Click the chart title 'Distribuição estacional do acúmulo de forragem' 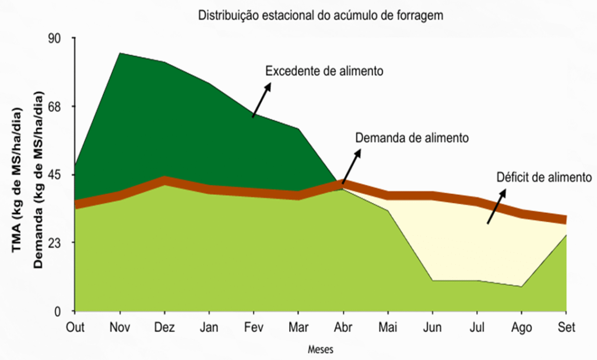321,16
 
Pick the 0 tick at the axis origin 65,311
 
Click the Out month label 75,327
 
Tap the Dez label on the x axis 164,327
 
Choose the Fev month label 254,327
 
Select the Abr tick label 343,327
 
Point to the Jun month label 432,327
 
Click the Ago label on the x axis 521,327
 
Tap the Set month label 566,327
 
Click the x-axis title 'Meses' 321,350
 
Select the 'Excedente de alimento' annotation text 324,71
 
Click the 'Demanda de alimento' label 412,138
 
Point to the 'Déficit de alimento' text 544,176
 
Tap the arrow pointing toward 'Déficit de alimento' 496,205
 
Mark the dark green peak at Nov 120,54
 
